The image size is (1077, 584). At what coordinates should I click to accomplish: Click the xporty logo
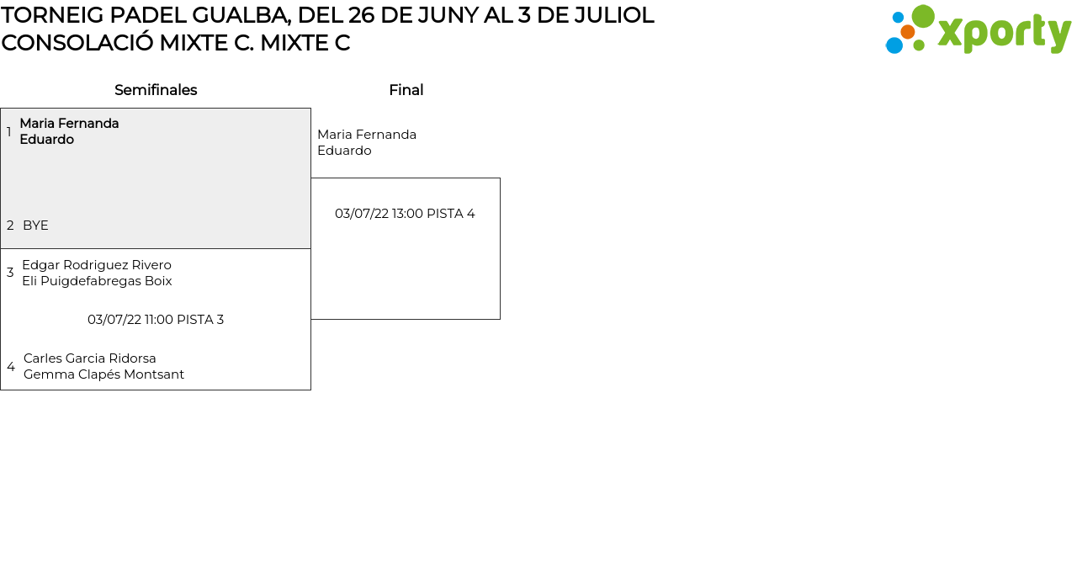point(978,30)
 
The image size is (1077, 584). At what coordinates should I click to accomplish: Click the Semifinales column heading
point(156,90)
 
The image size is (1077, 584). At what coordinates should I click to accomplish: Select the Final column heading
point(406,90)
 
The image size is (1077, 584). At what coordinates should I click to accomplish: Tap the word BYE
point(35,226)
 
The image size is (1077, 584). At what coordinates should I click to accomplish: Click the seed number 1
point(9,132)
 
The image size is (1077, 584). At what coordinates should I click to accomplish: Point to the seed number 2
point(10,226)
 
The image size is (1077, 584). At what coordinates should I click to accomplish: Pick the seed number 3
point(10,273)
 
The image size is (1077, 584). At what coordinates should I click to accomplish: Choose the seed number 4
point(11,367)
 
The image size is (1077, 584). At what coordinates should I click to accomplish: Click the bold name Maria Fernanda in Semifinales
point(69,124)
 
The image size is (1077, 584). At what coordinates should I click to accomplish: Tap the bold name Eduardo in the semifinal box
point(46,140)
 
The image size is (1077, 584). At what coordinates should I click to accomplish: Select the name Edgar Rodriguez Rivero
point(97,265)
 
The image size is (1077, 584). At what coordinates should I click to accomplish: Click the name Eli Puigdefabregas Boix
point(97,281)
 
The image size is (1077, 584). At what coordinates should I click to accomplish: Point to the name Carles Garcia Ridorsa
point(90,358)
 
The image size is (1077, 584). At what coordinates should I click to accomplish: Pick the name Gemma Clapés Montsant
point(103,374)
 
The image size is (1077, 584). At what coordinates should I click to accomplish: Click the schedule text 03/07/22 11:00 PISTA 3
point(156,320)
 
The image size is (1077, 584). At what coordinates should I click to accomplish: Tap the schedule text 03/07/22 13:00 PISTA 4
point(405,214)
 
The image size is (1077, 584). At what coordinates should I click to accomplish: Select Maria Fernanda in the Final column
point(367,135)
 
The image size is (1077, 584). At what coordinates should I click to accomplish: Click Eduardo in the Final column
point(344,151)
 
